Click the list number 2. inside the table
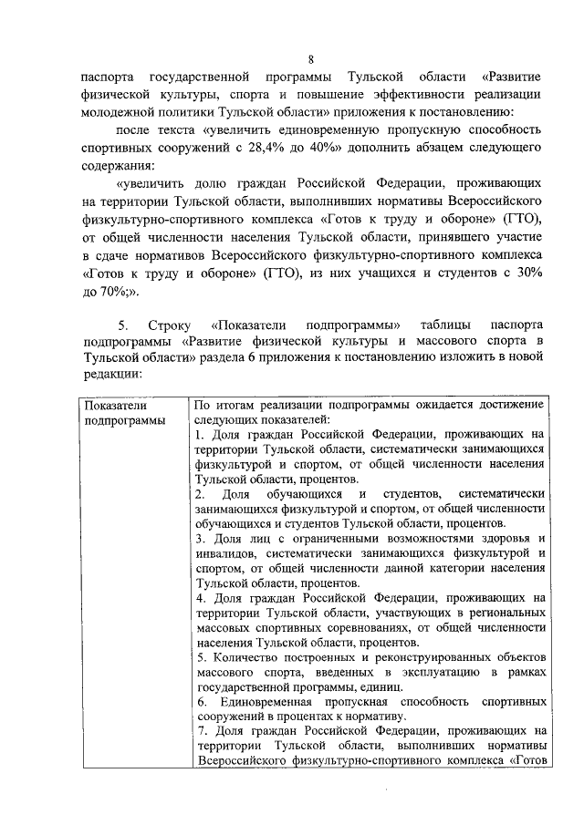pos(200,493)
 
